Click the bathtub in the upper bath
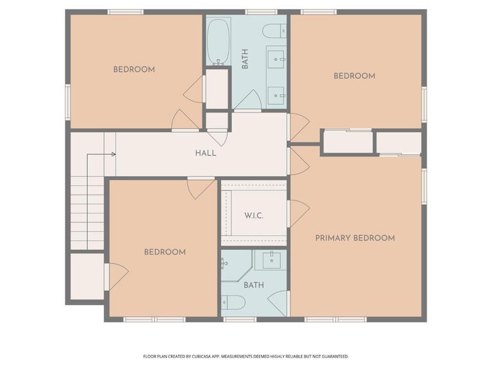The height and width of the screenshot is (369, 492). pyautogui.click(x=219, y=42)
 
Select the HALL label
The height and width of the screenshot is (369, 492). pyautogui.click(x=206, y=153)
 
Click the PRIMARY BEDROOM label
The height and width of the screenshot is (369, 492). pyautogui.click(x=355, y=238)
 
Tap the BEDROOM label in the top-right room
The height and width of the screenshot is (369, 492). pyautogui.click(x=354, y=76)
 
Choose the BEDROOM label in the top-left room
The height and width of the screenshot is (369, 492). pyautogui.click(x=134, y=69)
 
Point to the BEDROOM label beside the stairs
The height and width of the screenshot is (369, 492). pyautogui.click(x=165, y=252)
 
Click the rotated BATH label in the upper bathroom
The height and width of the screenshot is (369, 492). pyautogui.click(x=245, y=59)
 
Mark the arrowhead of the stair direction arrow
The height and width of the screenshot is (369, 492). pyautogui.click(x=113, y=154)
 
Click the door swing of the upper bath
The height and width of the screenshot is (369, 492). pyautogui.click(x=248, y=101)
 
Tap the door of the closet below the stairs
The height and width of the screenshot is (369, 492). pyautogui.click(x=117, y=276)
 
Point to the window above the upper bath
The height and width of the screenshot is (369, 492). pyautogui.click(x=261, y=12)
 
